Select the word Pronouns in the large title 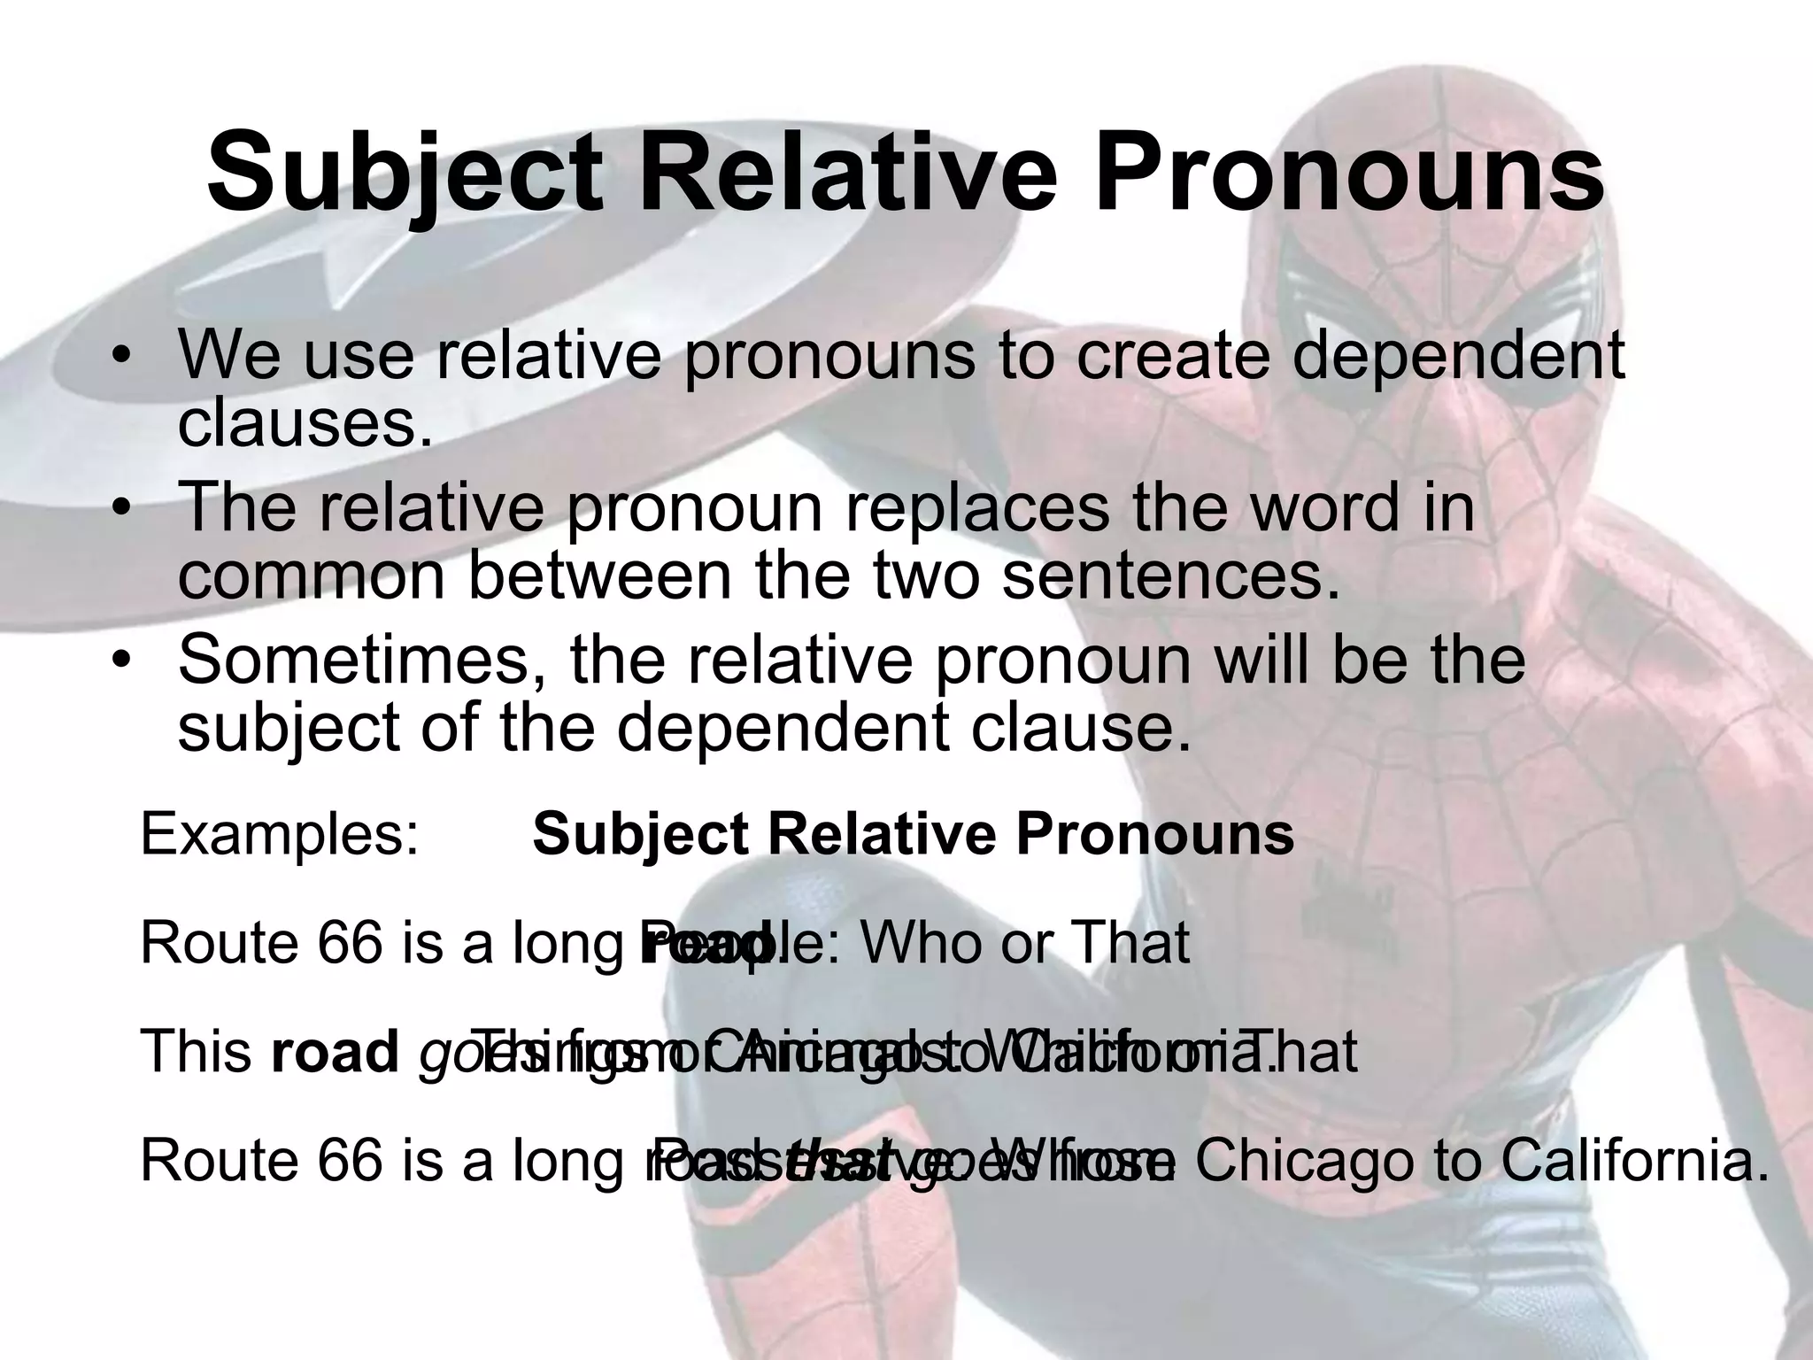point(1349,173)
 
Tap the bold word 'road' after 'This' point(335,1053)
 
